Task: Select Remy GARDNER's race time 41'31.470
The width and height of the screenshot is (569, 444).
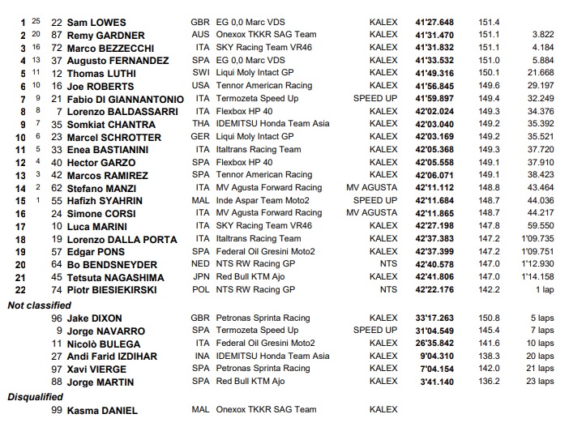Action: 434,36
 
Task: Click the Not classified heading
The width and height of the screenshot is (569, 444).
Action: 38,305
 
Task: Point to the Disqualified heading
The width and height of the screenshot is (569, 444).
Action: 36,397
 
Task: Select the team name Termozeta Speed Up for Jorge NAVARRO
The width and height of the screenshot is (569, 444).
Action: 257,331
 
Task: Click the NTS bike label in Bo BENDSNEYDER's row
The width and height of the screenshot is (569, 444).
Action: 388,264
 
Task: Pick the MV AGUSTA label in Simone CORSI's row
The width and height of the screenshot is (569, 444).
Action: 372,213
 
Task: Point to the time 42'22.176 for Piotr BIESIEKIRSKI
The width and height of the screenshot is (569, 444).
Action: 434,290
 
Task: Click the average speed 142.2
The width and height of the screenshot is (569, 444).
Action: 489,290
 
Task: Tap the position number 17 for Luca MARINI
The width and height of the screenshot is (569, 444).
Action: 20,226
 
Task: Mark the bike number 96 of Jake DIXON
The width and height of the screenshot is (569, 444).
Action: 57,318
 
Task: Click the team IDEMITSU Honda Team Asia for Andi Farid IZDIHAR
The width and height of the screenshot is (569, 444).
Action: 272,356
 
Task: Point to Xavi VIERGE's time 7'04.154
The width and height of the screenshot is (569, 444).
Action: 437,369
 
